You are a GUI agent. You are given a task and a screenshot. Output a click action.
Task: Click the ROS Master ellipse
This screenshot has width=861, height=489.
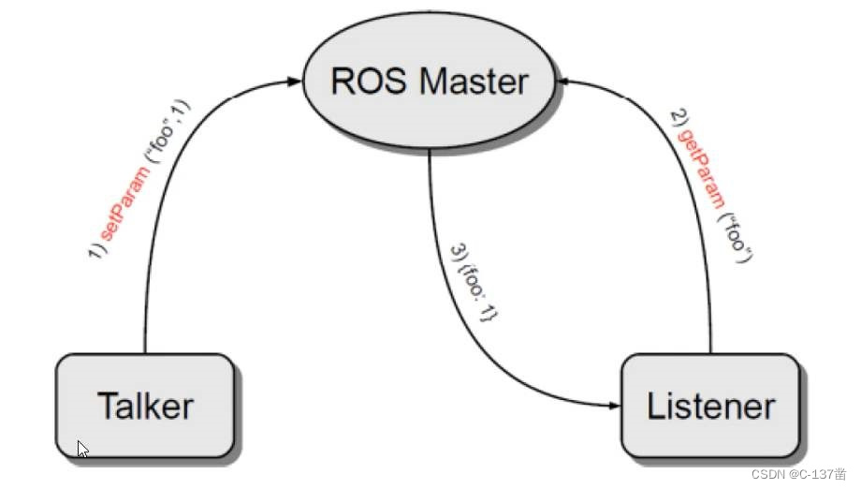430,82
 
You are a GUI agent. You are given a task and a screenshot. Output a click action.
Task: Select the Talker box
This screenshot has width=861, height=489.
145,407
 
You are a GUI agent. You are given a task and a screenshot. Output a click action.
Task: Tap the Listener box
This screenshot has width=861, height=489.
711,407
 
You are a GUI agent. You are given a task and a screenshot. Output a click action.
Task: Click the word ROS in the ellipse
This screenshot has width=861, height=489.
368,81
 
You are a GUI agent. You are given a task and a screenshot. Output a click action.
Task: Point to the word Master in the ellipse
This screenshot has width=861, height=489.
473,81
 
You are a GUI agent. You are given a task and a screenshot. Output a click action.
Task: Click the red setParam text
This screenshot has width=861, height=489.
124,200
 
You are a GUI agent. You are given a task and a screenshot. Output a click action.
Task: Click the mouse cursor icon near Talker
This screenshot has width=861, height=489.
82,448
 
